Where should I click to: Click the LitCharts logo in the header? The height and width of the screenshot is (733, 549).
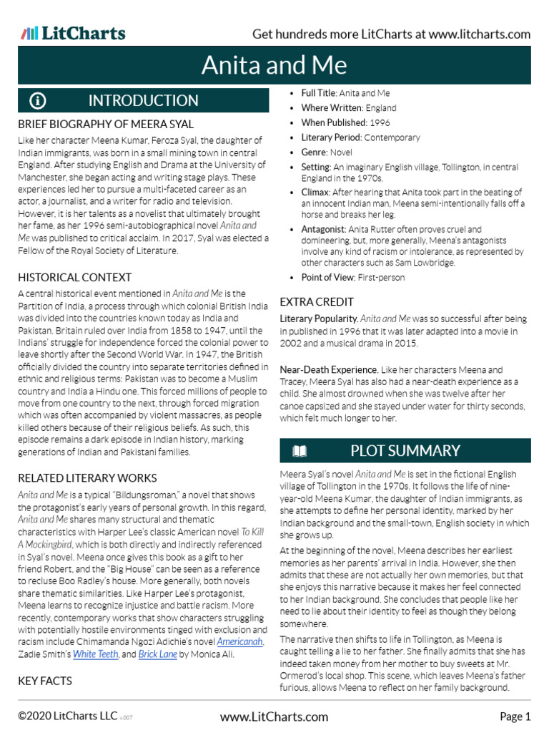(x=73, y=34)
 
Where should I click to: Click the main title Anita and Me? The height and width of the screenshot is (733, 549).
(x=274, y=65)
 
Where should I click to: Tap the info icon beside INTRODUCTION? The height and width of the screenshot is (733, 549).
(x=38, y=101)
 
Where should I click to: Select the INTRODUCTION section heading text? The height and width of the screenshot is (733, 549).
(x=143, y=101)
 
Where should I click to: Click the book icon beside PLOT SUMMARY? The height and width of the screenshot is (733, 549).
(x=299, y=451)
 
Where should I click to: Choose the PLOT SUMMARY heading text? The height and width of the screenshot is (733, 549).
(x=405, y=451)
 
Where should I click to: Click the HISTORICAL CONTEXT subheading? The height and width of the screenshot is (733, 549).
(x=75, y=277)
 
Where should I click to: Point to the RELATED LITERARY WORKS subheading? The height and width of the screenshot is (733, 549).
(x=87, y=478)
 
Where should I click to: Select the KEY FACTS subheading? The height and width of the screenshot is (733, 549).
(x=45, y=681)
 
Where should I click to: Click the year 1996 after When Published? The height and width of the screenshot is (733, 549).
(x=380, y=122)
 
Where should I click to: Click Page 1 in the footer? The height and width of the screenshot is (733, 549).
(x=515, y=717)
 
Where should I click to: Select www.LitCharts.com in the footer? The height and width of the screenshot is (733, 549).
(x=274, y=717)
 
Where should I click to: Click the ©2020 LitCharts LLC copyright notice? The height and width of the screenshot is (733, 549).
(x=64, y=717)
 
